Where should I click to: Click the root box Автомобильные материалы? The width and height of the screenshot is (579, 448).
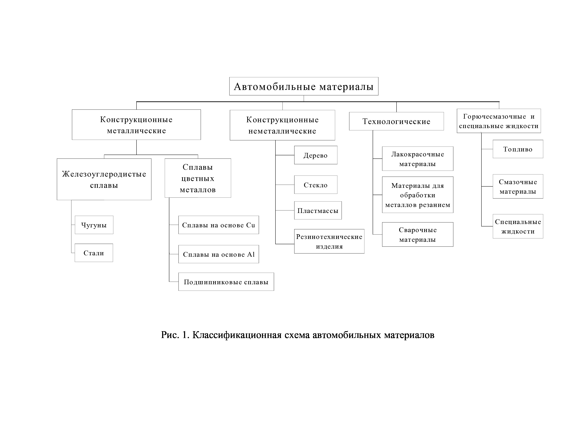tap(304, 86)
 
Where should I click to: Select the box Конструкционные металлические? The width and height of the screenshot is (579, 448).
tap(136, 125)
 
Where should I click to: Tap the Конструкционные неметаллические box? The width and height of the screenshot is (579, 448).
tap(282, 125)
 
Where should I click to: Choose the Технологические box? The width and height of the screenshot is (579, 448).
tap(396, 121)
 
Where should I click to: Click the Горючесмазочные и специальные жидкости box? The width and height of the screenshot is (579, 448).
tap(499, 121)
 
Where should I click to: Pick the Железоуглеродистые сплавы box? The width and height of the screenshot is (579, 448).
tap(104, 179)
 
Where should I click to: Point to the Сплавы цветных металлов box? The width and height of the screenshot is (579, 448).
tap(198, 178)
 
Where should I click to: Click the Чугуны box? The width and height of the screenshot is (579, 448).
tap(94, 225)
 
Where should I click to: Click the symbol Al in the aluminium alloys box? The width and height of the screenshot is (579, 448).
tap(251, 254)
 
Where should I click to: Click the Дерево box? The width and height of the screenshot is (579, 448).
tap(315, 155)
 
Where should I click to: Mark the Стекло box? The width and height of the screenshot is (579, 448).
tap(315, 185)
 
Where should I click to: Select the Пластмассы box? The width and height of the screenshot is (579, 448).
tap(318, 210)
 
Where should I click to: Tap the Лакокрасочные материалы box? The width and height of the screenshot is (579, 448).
tap(418, 159)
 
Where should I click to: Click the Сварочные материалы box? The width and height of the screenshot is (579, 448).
tap(418, 235)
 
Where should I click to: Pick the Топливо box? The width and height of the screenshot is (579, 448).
tap(518, 149)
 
